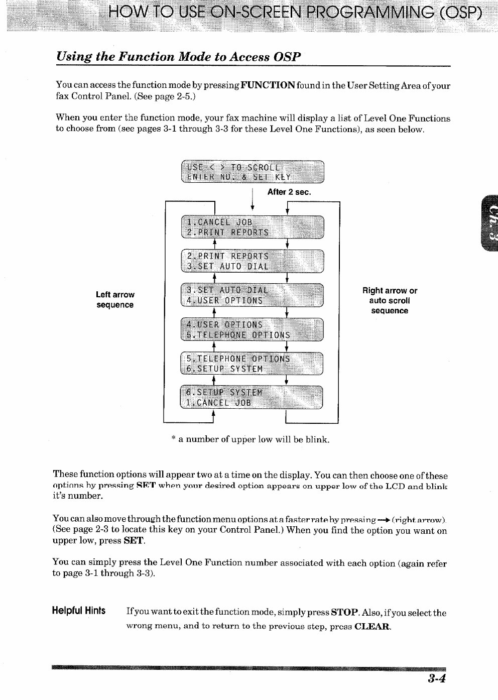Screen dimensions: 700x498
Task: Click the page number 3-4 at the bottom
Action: (437, 679)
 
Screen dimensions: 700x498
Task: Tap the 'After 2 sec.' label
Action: (289, 192)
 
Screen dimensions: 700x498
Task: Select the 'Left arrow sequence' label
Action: (115, 300)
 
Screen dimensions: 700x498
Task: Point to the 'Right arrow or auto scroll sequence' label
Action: (390, 301)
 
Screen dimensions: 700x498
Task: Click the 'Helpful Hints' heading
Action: (79, 611)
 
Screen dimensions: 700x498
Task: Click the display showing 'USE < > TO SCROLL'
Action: (253, 172)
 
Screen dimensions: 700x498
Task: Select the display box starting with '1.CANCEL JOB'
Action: (253, 227)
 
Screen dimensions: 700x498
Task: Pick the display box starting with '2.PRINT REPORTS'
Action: (253, 261)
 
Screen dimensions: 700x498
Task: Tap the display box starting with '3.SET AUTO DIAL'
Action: (253, 295)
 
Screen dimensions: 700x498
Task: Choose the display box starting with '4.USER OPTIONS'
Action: (253, 330)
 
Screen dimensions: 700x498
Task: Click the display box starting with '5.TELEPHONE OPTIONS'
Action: (253, 364)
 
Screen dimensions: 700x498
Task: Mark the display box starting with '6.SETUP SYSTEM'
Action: (253, 397)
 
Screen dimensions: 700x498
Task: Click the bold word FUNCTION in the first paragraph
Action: (268, 85)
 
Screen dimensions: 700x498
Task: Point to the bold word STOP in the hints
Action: (344, 613)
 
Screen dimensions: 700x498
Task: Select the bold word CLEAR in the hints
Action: (372, 626)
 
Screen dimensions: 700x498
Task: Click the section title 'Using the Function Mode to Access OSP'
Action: (179, 56)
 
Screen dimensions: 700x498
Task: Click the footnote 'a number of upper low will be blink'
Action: (250, 439)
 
